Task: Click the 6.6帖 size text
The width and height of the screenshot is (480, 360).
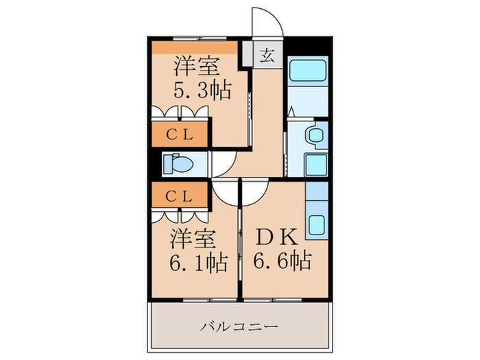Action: click(x=282, y=261)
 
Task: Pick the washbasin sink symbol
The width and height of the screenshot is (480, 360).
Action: click(x=316, y=135)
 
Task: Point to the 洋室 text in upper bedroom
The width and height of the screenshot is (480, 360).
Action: click(x=195, y=67)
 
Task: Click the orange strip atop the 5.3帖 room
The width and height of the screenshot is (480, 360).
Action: click(x=195, y=47)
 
